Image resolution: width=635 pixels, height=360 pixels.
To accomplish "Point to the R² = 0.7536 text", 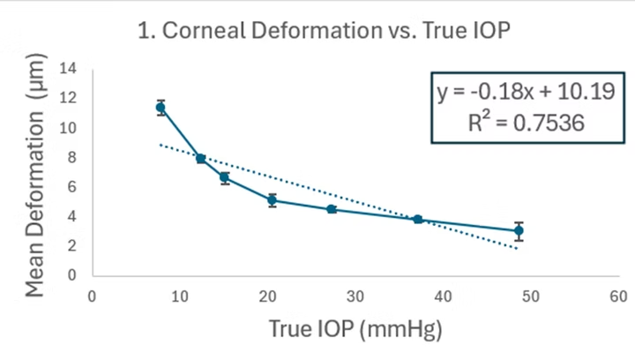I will pyautogui.click(x=527, y=124).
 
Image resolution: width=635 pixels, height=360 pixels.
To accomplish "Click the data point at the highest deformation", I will pyautogui.click(x=161, y=108).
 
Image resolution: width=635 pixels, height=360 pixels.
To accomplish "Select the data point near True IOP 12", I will pyautogui.click(x=201, y=159).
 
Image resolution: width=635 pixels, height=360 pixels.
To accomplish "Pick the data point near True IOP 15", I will pyautogui.click(x=225, y=177).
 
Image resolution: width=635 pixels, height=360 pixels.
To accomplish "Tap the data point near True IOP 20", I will pyautogui.click(x=273, y=200).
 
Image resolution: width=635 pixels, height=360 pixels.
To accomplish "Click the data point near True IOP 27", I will pyautogui.click(x=332, y=209).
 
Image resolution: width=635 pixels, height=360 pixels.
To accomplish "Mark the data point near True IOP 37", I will pyautogui.click(x=418, y=219).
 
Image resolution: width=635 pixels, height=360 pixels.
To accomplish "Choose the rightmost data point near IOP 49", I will pyautogui.click(x=519, y=231).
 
